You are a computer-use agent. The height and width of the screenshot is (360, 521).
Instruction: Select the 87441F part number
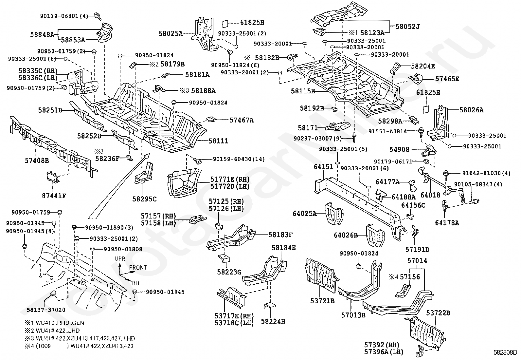[54, 196]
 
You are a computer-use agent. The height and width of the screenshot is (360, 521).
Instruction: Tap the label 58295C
[145, 199]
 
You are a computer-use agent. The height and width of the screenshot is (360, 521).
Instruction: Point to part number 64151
[323, 167]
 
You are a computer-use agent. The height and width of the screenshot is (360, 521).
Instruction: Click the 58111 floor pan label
[218, 141]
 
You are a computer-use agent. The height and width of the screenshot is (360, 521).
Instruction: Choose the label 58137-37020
[46, 310]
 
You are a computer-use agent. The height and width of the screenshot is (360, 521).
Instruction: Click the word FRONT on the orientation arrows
[138, 267]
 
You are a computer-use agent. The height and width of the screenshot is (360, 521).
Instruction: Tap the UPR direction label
[120, 259]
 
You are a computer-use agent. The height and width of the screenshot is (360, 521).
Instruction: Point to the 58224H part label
[273, 321]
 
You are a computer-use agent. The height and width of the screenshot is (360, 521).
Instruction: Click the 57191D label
[417, 249]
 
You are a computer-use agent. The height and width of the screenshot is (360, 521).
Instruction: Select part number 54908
[399, 149]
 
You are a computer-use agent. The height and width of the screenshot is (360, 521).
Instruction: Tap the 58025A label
[171, 33]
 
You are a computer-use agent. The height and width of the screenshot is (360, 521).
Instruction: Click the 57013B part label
[353, 315]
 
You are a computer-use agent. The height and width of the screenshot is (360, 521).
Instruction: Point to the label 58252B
[89, 135]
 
